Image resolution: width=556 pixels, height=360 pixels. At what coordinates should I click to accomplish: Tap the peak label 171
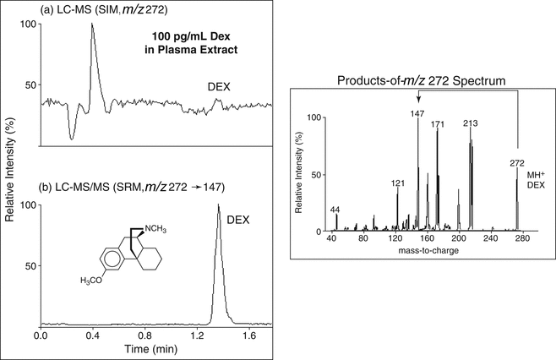pyautogui.click(x=438, y=124)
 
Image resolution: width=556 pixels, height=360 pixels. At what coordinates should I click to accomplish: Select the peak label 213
pyautogui.click(x=471, y=124)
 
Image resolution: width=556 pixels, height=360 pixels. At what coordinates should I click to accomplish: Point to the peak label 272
pyautogui.click(x=518, y=162)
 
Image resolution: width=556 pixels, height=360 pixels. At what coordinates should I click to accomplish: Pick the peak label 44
pyautogui.click(x=336, y=208)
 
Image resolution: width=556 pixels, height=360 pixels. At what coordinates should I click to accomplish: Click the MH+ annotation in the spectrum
pyautogui.click(x=531, y=176)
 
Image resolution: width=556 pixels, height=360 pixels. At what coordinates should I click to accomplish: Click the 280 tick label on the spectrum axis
pyautogui.click(x=521, y=240)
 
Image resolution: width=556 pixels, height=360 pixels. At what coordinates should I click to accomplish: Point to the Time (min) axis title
pyautogui.click(x=142, y=348)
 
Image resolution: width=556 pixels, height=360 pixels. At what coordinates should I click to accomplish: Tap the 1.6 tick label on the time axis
pyautogui.click(x=250, y=335)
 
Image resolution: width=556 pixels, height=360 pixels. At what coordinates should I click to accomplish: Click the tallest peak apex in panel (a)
pyautogui.click(x=92, y=24)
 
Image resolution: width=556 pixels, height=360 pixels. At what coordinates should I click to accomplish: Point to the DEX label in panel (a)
pyautogui.click(x=220, y=86)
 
